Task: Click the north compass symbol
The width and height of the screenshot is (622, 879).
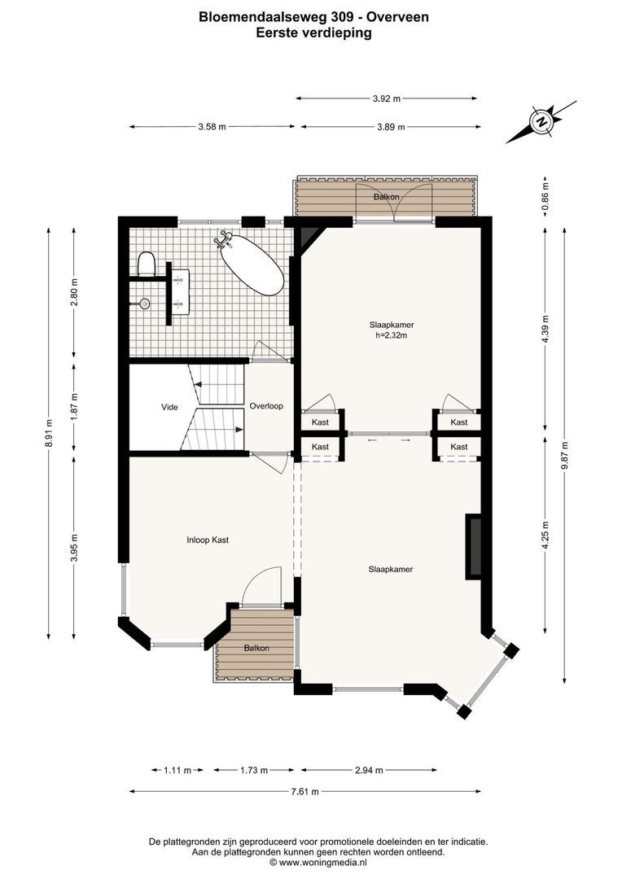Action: click(541, 121)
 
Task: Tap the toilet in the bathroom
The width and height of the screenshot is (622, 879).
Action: click(146, 264)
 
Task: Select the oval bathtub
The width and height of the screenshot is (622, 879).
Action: click(252, 265)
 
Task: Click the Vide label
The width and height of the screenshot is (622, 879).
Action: click(169, 407)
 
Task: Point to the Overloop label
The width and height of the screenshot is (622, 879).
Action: click(266, 406)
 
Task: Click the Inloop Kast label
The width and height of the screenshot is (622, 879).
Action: click(208, 540)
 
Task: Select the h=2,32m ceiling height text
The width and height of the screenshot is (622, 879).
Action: click(391, 335)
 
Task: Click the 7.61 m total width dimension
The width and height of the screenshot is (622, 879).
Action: click(304, 792)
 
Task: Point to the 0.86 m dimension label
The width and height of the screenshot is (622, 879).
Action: click(545, 196)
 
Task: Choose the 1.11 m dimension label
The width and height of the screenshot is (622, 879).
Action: click(177, 770)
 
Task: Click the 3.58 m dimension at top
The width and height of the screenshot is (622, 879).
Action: click(212, 127)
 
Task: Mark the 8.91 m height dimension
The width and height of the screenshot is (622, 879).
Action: click(49, 433)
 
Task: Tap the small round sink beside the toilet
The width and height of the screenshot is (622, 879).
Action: click(145, 304)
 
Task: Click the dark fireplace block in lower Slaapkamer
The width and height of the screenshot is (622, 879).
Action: click(473, 547)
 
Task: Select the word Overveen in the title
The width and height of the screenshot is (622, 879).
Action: click(398, 17)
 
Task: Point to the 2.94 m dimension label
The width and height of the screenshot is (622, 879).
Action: click(369, 770)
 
